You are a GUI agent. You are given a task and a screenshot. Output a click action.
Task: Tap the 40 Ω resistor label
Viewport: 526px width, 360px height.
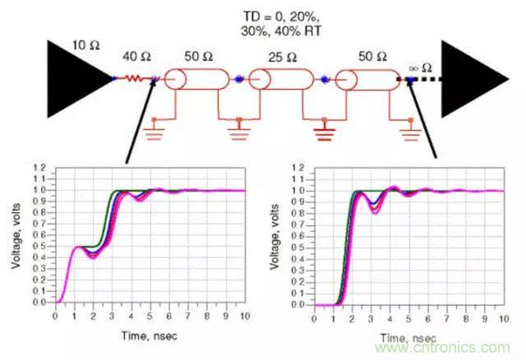[x=136, y=57]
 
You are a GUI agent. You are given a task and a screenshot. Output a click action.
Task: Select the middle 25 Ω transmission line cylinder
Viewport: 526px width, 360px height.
[x=285, y=80]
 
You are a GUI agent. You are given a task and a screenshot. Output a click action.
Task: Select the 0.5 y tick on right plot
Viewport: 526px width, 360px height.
[x=300, y=246]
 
